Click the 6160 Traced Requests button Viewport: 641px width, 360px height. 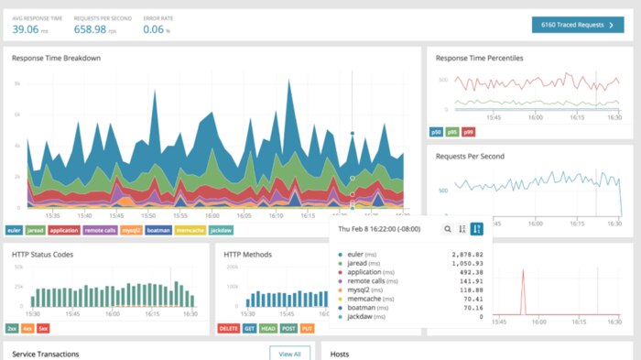[x=577, y=26]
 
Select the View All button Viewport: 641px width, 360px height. [x=289, y=353]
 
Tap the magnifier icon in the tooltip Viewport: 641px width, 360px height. [x=447, y=229]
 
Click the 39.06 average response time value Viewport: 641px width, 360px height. [x=31, y=29]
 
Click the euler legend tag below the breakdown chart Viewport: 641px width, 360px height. [x=16, y=230]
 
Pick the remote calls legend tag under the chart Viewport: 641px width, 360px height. [x=99, y=230]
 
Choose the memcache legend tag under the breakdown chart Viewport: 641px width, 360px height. [x=190, y=230]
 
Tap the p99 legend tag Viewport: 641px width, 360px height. [x=468, y=132]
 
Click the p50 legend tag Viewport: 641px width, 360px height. [x=436, y=132]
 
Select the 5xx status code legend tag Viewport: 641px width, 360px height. [x=44, y=327]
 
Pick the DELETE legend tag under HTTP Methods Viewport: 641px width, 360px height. [x=228, y=327]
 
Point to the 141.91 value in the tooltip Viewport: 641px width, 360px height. [x=468, y=278]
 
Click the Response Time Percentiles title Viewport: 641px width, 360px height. [x=479, y=58]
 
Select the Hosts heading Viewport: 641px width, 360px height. [x=340, y=354]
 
